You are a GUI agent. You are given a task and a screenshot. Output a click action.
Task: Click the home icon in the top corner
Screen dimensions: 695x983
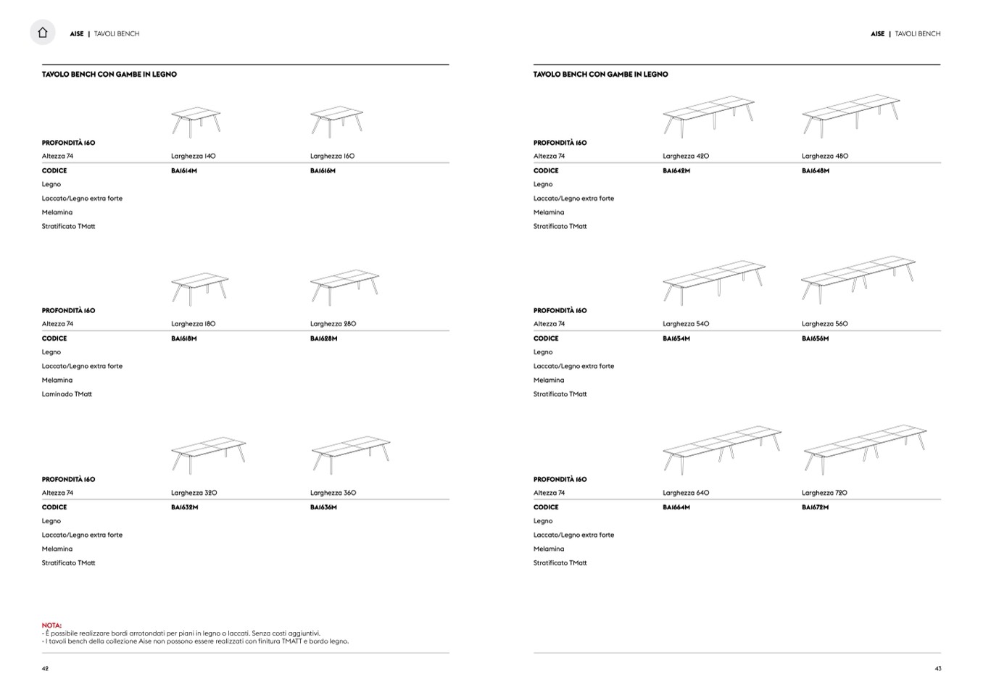tap(43, 33)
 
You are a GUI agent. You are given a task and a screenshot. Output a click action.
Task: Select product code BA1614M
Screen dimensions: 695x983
tap(184, 171)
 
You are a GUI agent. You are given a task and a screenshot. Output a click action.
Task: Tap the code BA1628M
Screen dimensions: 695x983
tap(323, 338)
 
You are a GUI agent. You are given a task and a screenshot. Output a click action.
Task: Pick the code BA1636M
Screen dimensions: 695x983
tap(323, 507)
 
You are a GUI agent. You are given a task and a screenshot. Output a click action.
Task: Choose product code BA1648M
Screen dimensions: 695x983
tap(816, 171)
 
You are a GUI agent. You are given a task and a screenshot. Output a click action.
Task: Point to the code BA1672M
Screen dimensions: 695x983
tap(816, 507)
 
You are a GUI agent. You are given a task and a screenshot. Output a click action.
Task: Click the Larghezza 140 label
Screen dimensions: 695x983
tap(194, 156)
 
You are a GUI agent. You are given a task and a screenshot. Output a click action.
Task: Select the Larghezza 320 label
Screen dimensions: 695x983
tap(194, 493)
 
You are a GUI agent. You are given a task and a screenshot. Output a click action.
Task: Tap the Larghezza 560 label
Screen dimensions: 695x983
tap(825, 324)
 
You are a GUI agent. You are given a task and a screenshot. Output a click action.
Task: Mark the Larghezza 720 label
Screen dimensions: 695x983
tap(825, 493)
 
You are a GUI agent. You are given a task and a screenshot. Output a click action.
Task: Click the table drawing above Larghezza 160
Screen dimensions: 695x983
tap(336, 121)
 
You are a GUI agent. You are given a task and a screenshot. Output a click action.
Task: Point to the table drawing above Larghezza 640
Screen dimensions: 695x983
tap(721, 449)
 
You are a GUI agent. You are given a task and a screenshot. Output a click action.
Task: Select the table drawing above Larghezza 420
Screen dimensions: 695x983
tap(708, 116)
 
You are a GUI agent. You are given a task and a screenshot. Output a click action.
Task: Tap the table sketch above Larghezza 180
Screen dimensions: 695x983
tap(199, 288)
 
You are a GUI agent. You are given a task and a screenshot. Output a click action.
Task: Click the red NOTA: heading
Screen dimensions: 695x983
tap(51, 625)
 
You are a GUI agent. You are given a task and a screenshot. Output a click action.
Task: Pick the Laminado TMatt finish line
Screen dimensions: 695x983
tap(67, 394)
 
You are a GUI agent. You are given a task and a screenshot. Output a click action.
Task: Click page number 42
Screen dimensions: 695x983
tap(45, 668)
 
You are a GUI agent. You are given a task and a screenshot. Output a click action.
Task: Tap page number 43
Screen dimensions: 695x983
tap(938, 668)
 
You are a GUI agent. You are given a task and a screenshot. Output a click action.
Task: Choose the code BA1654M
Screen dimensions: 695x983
tap(676, 338)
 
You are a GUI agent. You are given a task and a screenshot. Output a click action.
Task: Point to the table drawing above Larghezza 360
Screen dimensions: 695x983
tap(351, 454)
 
